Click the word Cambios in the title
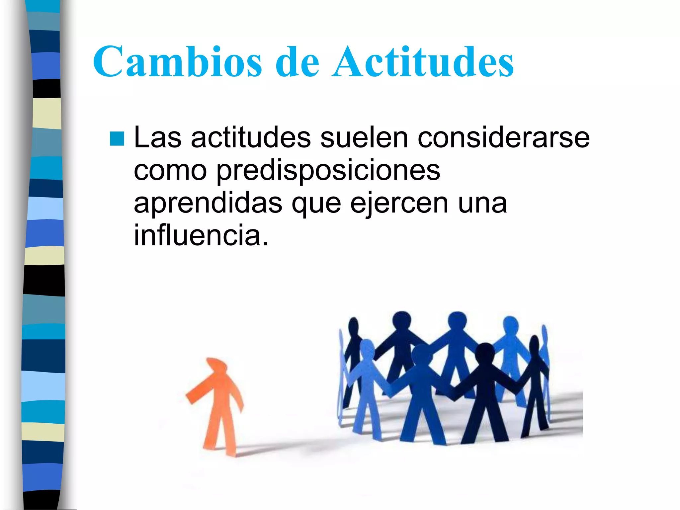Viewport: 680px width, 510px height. (x=178, y=62)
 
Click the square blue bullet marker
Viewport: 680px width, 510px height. (x=117, y=139)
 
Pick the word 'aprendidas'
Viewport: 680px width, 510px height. (x=208, y=203)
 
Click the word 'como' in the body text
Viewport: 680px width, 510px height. (x=170, y=171)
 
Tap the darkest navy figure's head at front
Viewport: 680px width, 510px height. (x=485, y=353)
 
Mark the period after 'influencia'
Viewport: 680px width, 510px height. (x=265, y=244)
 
